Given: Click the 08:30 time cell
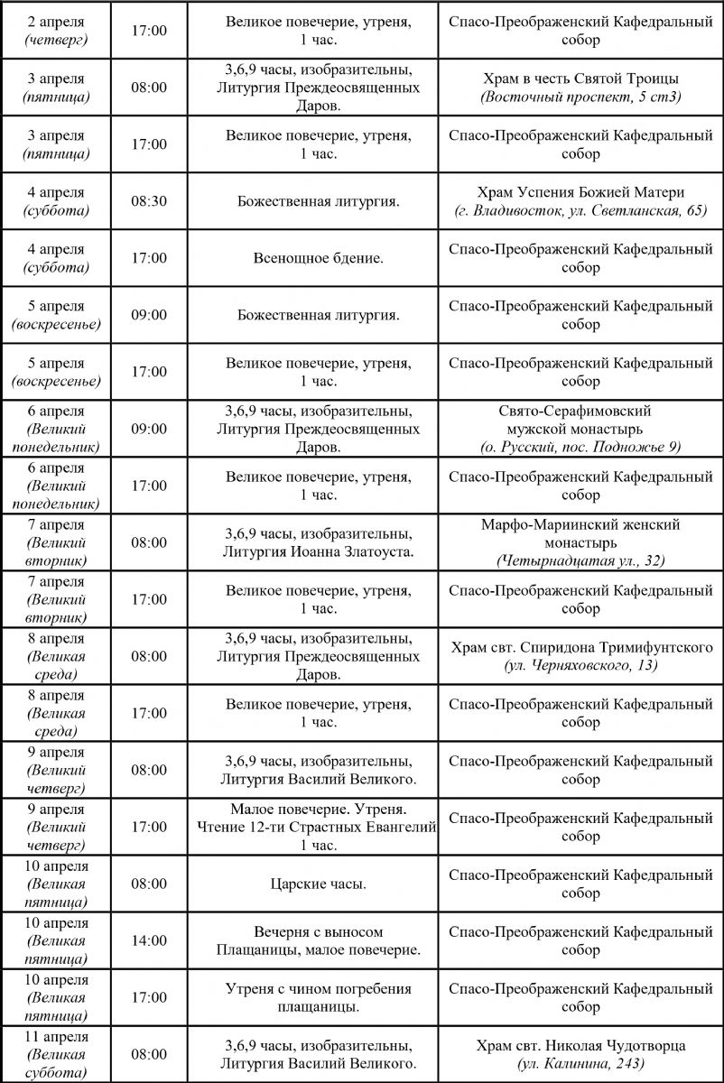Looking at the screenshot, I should [x=149, y=201].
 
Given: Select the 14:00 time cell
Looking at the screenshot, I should [x=149, y=940].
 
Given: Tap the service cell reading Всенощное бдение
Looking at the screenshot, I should [x=319, y=258].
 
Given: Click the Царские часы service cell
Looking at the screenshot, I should [x=319, y=884].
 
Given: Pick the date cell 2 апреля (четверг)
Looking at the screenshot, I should [x=56, y=31].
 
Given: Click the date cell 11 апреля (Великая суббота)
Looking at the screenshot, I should [x=56, y=1054].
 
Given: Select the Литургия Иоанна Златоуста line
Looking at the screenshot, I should [x=319, y=551].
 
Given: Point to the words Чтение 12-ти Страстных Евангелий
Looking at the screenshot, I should [x=319, y=827].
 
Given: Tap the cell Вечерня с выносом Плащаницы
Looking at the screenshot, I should [x=319, y=940].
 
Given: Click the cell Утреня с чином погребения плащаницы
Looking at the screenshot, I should [x=319, y=997].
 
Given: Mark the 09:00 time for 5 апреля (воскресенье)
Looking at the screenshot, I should [x=149, y=315].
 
